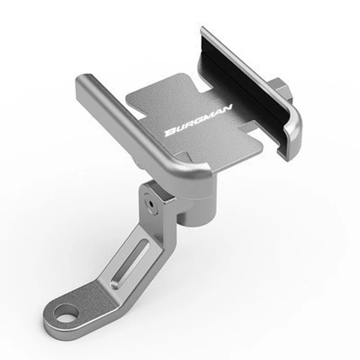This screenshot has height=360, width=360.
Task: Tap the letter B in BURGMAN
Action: pos(170,132)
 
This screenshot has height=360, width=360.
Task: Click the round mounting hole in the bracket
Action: pos(67,314)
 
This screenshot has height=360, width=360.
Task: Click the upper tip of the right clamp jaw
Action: pos(203,31)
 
